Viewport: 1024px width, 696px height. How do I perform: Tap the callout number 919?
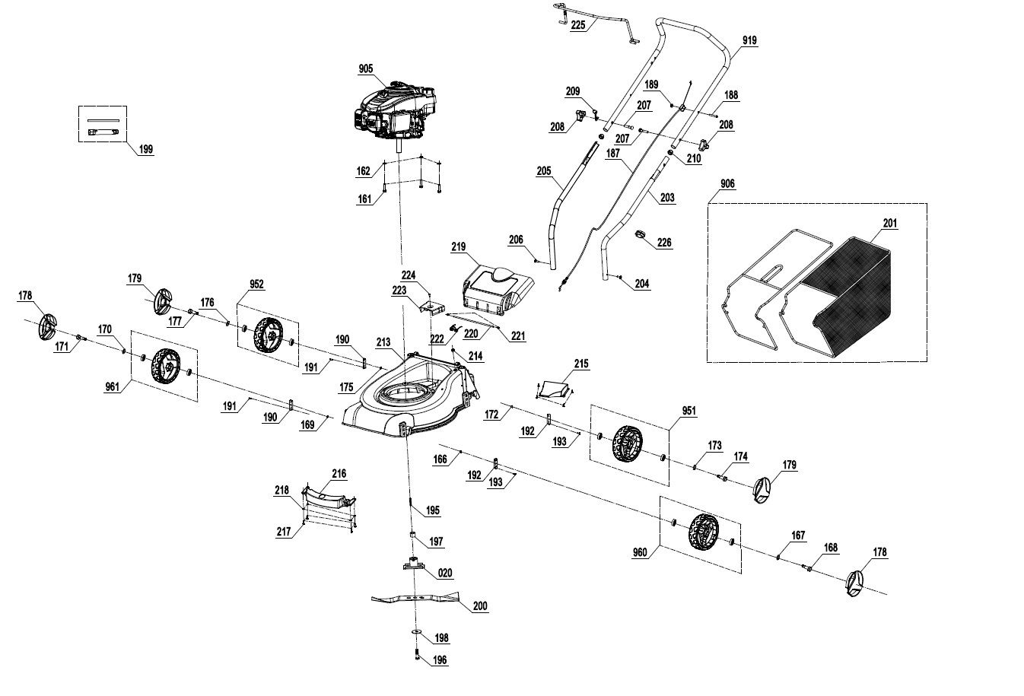coord(750,40)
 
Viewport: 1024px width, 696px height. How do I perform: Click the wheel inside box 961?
coord(164,366)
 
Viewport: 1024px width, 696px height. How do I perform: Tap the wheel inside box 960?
coord(703,532)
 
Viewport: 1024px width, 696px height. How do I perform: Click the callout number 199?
coord(145,149)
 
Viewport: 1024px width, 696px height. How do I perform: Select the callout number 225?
coord(578,24)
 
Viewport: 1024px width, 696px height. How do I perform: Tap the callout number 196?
coord(440,660)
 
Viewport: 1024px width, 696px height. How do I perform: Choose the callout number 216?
coord(339,474)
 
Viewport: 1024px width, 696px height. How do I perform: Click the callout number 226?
coord(664,243)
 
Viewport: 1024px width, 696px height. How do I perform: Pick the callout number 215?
coord(581,364)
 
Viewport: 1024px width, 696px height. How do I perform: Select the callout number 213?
coord(383,343)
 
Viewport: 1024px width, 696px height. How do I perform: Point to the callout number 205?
coord(544,171)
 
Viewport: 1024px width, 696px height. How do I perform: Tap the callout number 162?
coord(364,171)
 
